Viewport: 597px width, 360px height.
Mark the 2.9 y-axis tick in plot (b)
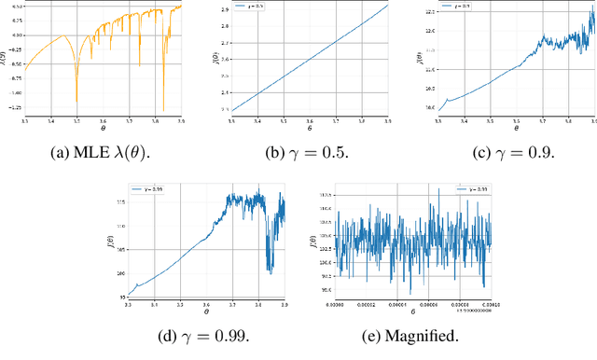click(224, 7)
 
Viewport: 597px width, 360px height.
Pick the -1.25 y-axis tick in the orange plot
click(14, 107)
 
